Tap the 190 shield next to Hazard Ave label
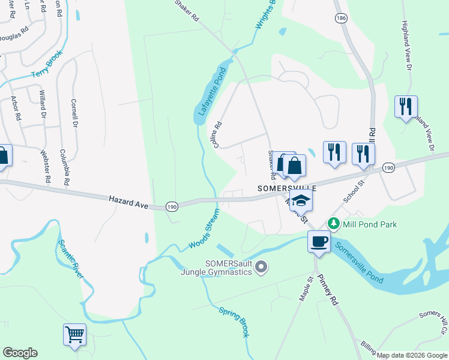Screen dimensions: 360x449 coord(172,206)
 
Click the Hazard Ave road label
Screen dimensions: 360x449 coord(128,202)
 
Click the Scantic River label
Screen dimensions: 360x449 coord(70,259)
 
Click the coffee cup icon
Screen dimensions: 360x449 coord(318,241)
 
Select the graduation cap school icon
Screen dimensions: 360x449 coord(302,201)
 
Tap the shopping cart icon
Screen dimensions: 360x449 coord(74,334)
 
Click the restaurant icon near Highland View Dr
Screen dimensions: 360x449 coord(406,107)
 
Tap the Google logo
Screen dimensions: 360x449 coord(20,353)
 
